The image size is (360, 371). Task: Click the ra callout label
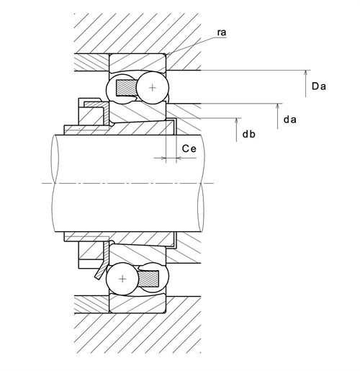(x=222, y=32)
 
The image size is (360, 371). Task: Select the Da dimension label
(x=319, y=86)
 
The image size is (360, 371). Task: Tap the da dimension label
(x=290, y=120)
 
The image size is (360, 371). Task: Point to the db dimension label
(x=249, y=134)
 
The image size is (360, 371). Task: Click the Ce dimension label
(x=189, y=148)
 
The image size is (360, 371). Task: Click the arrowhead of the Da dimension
(x=305, y=73)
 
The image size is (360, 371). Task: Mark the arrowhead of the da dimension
(x=278, y=107)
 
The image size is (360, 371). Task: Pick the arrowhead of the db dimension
(x=236, y=121)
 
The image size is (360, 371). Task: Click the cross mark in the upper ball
(x=153, y=88)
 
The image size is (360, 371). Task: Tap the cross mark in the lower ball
(x=122, y=279)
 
